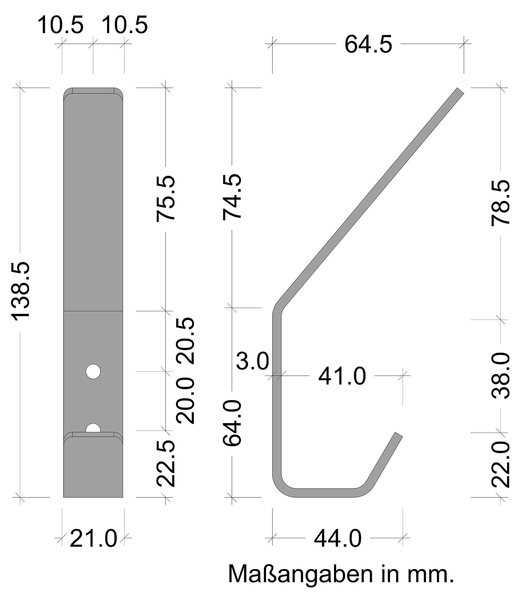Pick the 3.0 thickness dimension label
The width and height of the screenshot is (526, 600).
252,361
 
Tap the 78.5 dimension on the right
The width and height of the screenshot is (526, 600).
501,202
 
